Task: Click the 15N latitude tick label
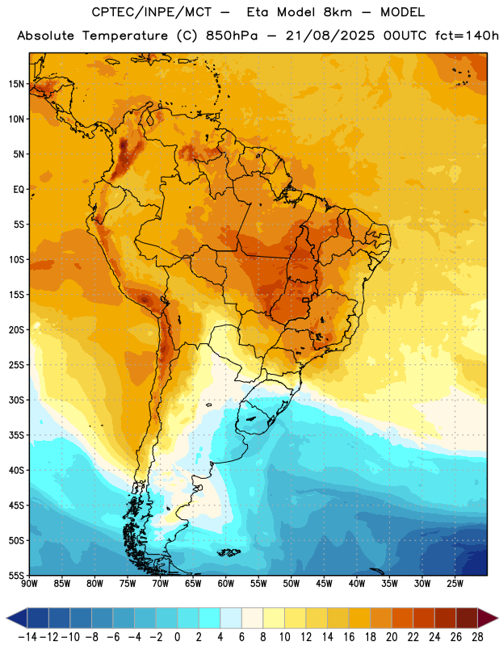click(x=16, y=84)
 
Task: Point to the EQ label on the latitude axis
click(x=19, y=190)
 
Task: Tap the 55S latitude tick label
click(x=16, y=576)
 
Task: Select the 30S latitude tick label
click(x=16, y=400)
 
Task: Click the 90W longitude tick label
click(x=30, y=584)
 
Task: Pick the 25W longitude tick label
click(x=455, y=584)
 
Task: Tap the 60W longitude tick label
click(x=226, y=584)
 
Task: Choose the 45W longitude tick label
click(x=325, y=584)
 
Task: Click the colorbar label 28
click(x=477, y=637)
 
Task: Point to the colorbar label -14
click(x=27, y=637)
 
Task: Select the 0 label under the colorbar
click(x=177, y=637)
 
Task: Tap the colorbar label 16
click(x=349, y=637)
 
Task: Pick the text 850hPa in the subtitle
click(x=232, y=36)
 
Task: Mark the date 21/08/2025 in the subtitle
click(x=330, y=36)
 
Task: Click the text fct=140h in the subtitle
click(x=467, y=36)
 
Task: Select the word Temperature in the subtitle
click(x=125, y=36)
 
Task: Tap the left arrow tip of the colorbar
click(x=7, y=618)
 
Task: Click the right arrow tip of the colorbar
click(x=497, y=618)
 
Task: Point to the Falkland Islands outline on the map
click(x=229, y=552)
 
